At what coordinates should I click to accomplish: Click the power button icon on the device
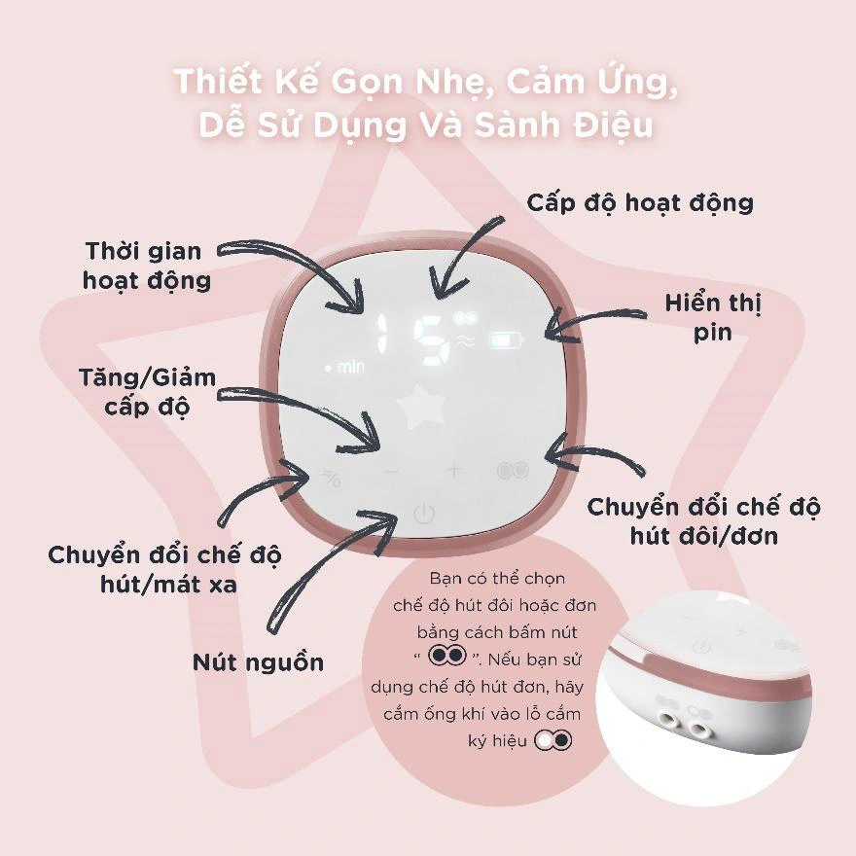tap(424, 514)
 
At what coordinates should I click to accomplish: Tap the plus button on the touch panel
tap(454, 470)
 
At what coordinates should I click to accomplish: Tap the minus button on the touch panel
tap(391, 471)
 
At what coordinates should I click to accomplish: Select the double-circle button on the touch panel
tap(514, 470)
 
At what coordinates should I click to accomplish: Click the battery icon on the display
tap(506, 341)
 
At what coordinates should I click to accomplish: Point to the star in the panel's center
tap(421, 407)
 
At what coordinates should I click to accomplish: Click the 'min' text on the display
tap(350, 367)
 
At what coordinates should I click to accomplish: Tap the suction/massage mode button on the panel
tap(332, 478)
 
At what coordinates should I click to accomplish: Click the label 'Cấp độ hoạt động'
tap(640, 203)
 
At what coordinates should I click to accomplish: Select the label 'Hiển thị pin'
tap(713, 317)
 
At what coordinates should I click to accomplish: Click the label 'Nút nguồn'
tap(258, 662)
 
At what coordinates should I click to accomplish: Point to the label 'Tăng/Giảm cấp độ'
tap(148, 392)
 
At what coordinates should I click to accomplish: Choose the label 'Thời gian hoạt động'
tap(146, 266)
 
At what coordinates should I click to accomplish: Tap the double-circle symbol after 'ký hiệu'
tap(553, 741)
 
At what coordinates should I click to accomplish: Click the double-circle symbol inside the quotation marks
tap(447, 655)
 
